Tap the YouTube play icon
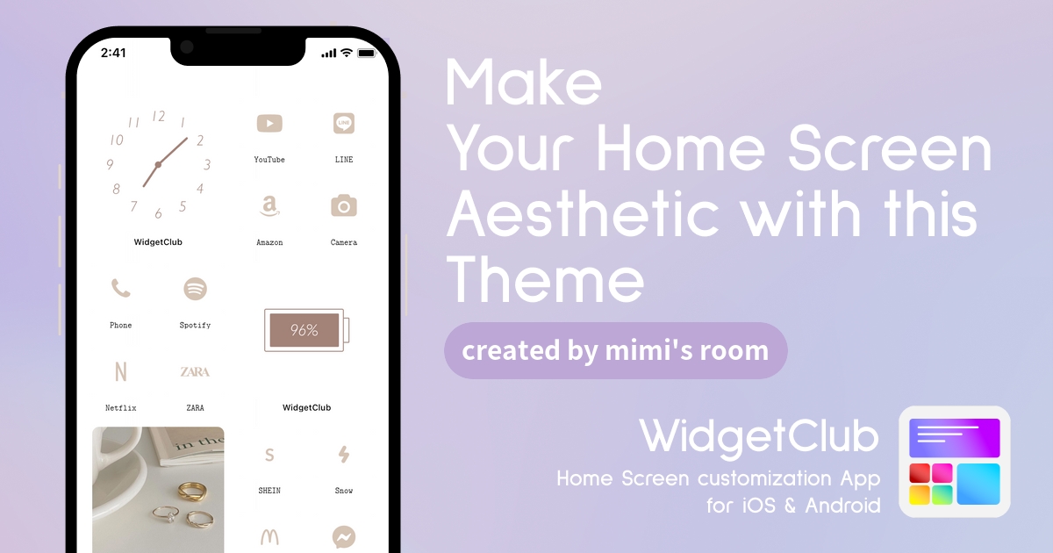(x=269, y=124)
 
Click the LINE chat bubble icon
(x=344, y=123)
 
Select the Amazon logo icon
(x=269, y=206)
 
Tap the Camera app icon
(x=344, y=205)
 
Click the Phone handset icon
(x=121, y=288)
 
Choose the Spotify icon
(x=195, y=288)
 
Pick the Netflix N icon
(x=121, y=371)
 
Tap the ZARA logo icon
(x=195, y=371)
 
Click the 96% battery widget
(x=306, y=330)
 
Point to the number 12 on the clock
(x=159, y=116)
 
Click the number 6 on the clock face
(x=159, y=213)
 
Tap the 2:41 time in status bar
(x=113, y=53)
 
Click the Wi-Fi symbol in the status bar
(x=347, y=53)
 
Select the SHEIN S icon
(x=269, y=455)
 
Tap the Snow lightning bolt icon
(x=344, y=455)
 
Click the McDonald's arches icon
(x=269, y=537)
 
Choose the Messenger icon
(x=344, y=537)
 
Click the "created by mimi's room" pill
(x=616, y=351)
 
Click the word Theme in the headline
(x=545, y=280)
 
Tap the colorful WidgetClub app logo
(x=955, y=462)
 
